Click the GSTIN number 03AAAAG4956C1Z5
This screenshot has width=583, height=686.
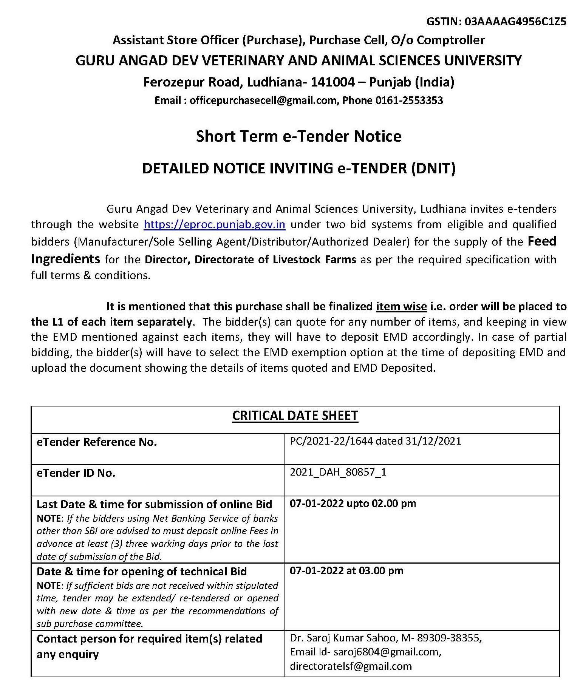tap(515, 22)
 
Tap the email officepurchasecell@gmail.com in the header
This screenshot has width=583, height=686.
tap(263, 100)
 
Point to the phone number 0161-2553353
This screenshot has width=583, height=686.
tap(409, 100)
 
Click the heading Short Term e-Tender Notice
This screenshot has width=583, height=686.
tap(298, 136)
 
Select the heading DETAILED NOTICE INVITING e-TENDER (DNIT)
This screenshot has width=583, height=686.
tap(298, 168)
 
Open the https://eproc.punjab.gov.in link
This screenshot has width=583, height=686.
tap(214, 224)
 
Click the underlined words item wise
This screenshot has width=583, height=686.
tap(401, 306)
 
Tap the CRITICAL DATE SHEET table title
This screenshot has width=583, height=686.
tap(295, 416)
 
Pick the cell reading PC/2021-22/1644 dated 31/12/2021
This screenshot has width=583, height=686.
tap(375, 441)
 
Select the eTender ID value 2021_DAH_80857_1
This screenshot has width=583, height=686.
tap(338, 472)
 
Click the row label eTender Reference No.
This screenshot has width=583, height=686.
tap(96, 442)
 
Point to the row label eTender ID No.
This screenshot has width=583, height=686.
tap(76, 473)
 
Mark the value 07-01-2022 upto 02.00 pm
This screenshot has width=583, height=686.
tap(353, 504)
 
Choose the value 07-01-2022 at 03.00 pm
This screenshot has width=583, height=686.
tap(346, 570)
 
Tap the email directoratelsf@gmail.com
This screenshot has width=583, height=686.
tap(350, 666)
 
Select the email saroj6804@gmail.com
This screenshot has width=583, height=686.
tap(383, 652)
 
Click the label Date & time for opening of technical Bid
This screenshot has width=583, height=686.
tap(141, 571)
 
